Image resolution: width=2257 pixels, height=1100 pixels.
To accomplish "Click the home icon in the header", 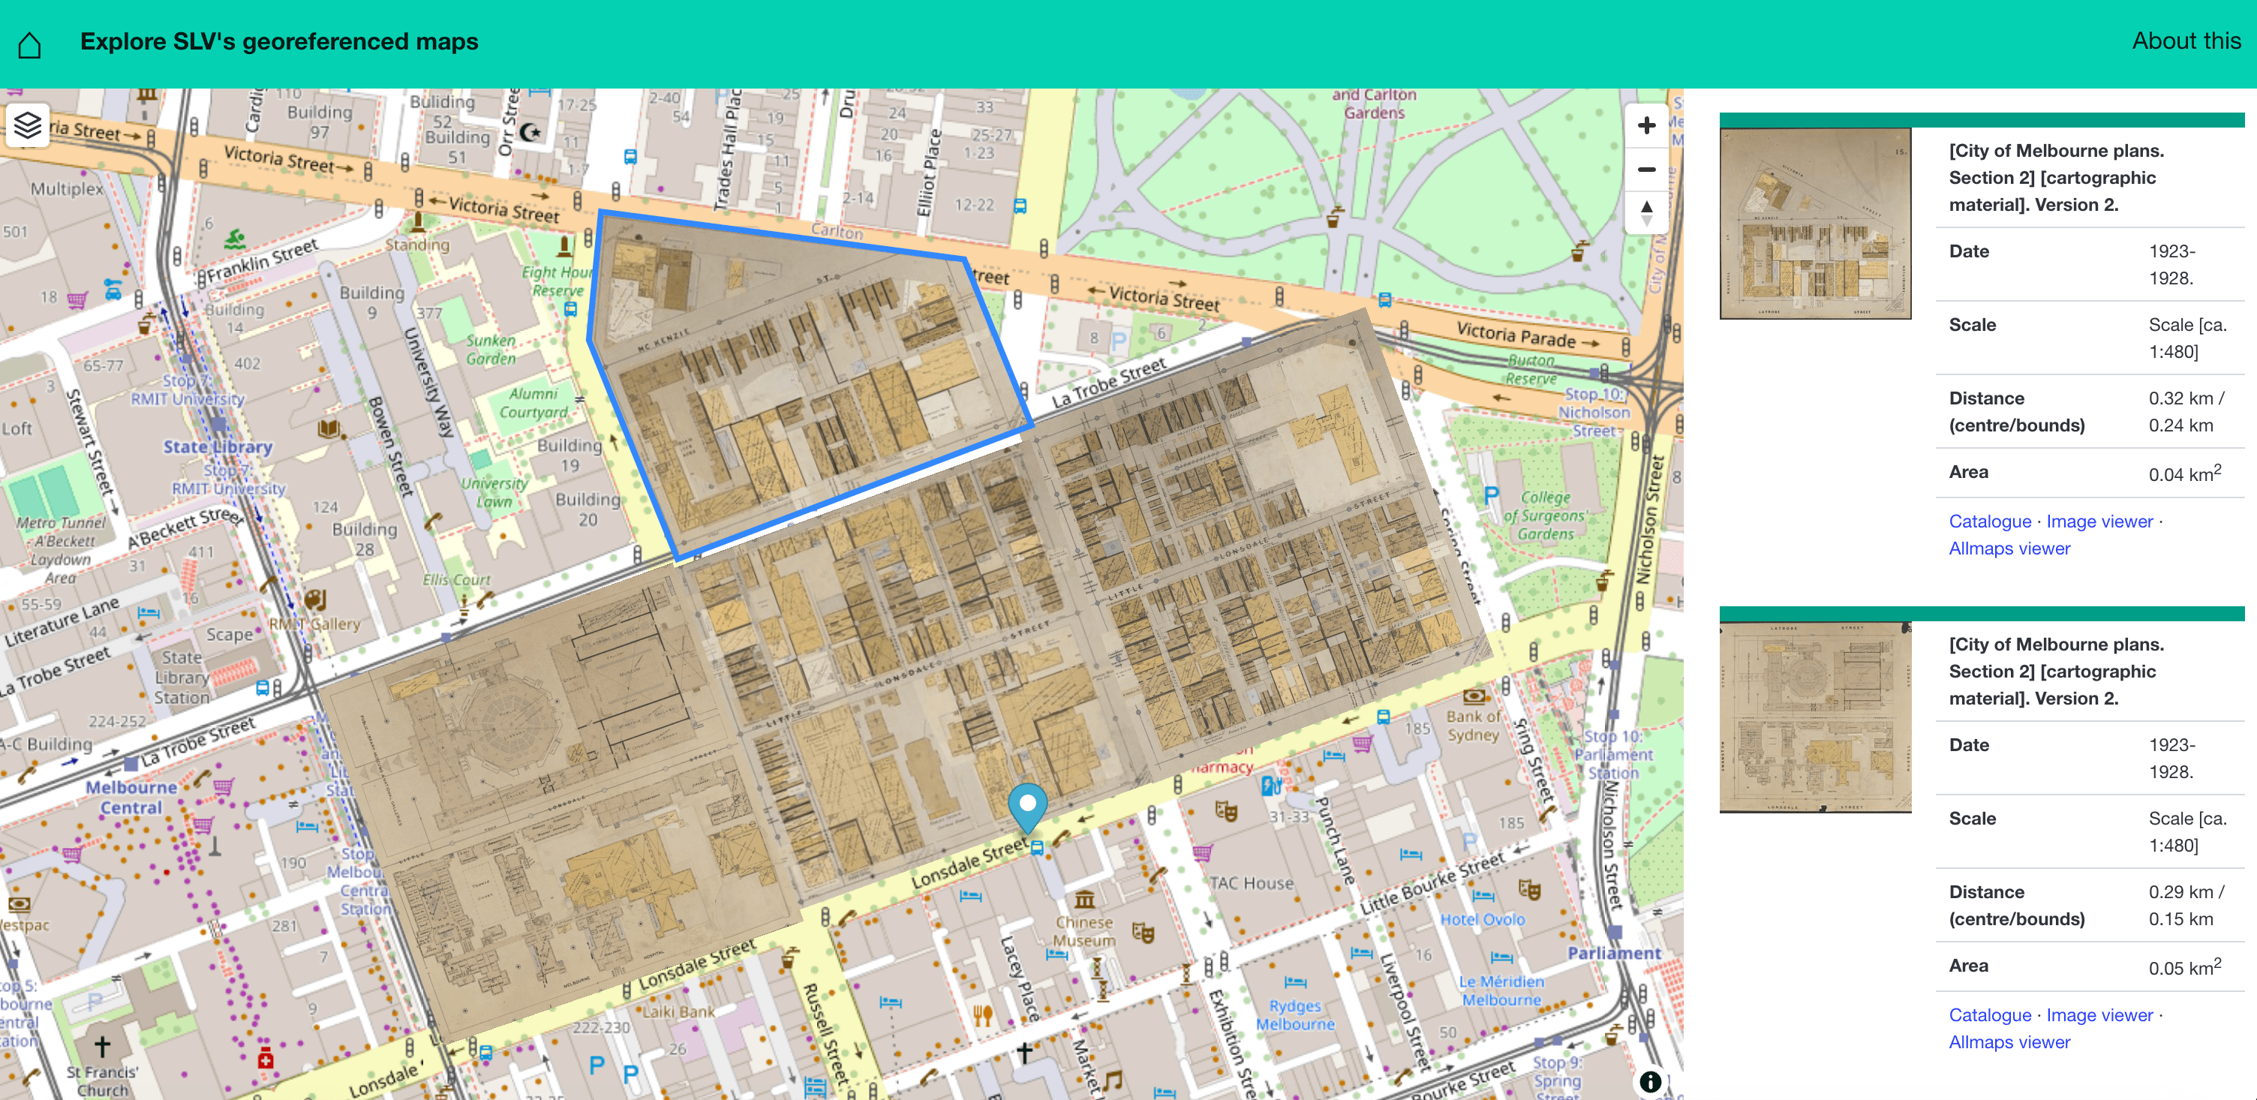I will pos(30,44).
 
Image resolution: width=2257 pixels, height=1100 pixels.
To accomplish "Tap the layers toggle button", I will pos(28,125).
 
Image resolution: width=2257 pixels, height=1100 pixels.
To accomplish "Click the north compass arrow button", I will pos(1646,212).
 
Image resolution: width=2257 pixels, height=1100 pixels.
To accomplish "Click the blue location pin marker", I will pos(1027,804).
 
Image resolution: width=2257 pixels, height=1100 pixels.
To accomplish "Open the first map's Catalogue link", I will pos(1989,521).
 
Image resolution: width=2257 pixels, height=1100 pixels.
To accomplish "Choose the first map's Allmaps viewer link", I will pos(2009,548).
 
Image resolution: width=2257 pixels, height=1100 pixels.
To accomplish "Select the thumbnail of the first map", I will pos(1814,224).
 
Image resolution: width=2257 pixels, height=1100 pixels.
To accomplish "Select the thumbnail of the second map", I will pos(1814,717).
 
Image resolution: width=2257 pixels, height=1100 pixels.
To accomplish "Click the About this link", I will pos(2185,41).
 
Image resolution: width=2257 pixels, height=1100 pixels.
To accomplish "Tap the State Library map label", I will pos(218,447).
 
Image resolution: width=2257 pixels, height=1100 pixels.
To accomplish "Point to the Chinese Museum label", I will pos(1083,931).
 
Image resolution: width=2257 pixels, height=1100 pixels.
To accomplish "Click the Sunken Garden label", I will pos(491,349).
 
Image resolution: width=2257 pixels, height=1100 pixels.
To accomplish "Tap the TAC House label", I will pos(1251,883).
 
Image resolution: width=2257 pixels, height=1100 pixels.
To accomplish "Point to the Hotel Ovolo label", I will pos(1483,919).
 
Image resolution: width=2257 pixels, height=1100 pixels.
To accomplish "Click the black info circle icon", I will pos(1650,1081).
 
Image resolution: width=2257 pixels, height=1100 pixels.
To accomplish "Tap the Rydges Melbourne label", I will pos(1295,1015).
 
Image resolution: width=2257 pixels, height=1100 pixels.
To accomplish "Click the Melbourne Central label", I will pos(131,797).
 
